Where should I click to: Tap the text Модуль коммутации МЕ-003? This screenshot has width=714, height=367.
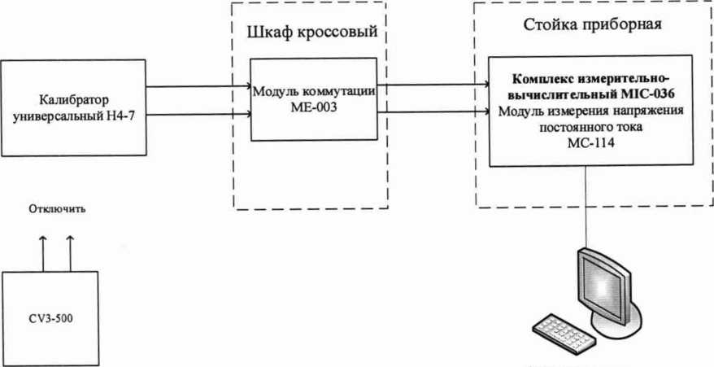pyautogui.click(x=313, y=100)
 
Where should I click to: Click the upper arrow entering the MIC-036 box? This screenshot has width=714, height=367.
pyautogui.click(x=431, y=81)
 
